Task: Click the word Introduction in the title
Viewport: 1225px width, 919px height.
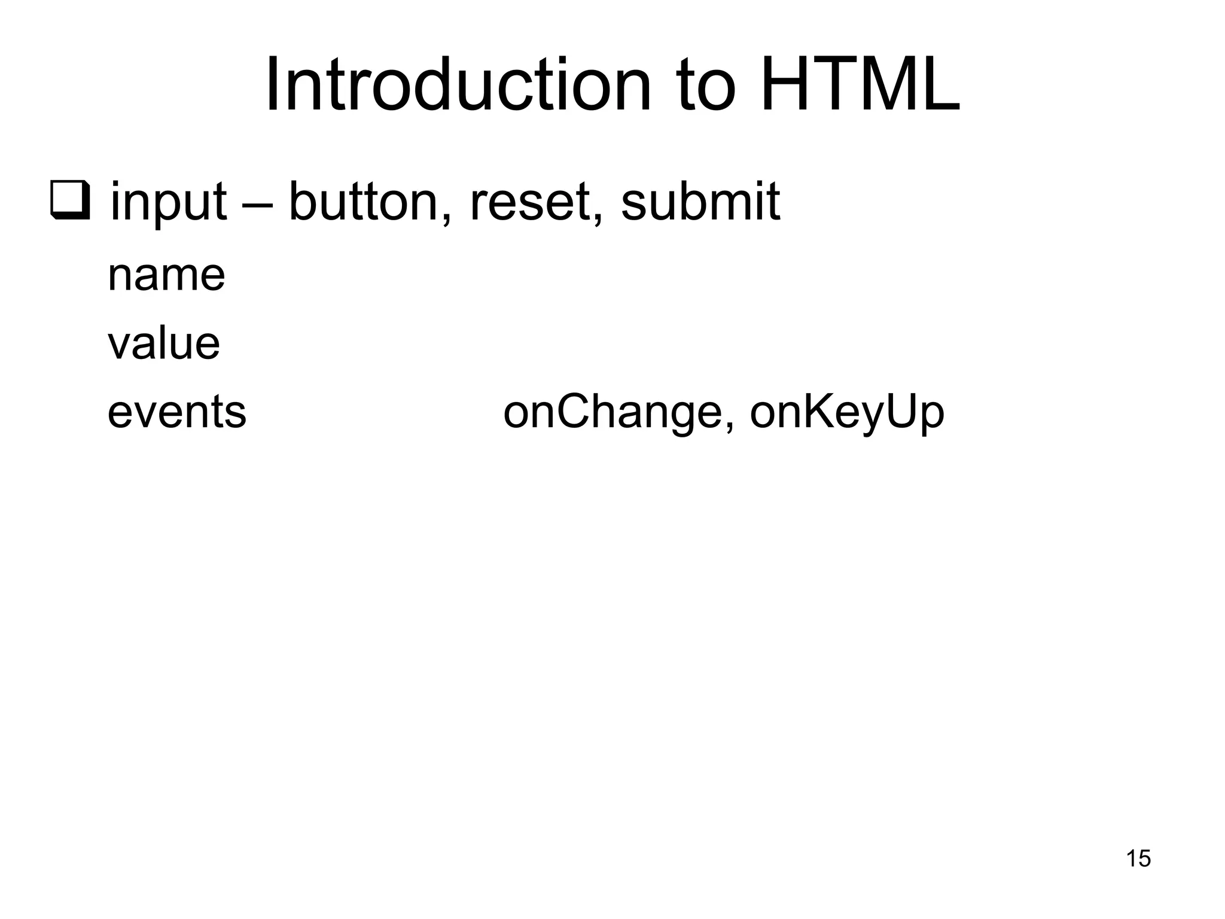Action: click(458, 85)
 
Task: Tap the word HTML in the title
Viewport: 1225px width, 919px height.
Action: click(860, 85)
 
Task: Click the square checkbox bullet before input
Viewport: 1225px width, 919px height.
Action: click(70, 200)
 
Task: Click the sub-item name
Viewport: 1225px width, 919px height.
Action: click(166, 276)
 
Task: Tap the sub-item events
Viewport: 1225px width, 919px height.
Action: click(176, 412)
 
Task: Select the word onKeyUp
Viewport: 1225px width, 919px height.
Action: click(846, 413)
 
